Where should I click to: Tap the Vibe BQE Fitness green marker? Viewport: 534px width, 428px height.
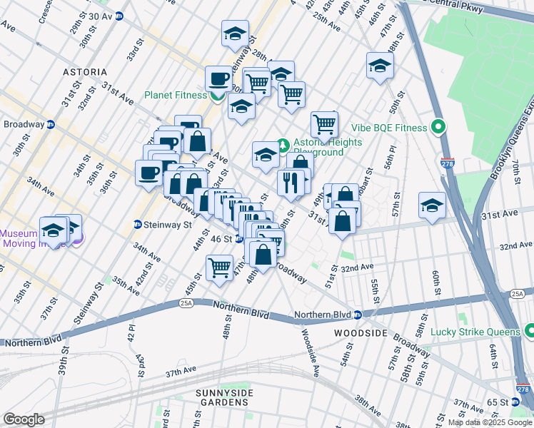[x=439, y=128]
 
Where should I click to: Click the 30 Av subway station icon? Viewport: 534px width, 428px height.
[x=120, y=16]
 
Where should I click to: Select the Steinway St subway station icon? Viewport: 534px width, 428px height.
[x=137, y=225]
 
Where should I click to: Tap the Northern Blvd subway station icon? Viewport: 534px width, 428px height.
[x=358, y=315]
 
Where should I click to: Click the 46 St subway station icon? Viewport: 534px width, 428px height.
[x=239, y=239]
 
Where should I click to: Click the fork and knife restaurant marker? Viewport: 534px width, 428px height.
[x=291, y=183]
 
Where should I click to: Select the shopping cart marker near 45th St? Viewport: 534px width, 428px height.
[x=219, y=268]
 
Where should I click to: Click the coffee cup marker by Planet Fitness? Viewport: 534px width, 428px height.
[x=219, y=78]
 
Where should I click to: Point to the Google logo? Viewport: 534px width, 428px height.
[x=24, y=419]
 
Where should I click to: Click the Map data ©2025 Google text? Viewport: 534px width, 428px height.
[x=490, y=422]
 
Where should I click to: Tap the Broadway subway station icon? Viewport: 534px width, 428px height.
[x=51, y=124]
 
